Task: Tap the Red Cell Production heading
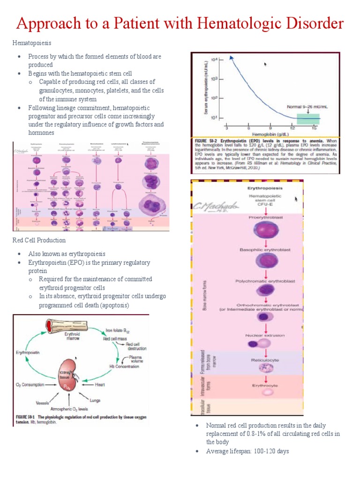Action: (x=39, y=240)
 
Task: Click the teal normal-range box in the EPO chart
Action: (x=307, y=119)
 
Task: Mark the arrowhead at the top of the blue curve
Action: (x=231, y=58)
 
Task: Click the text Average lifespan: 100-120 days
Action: (x=247, y=451)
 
